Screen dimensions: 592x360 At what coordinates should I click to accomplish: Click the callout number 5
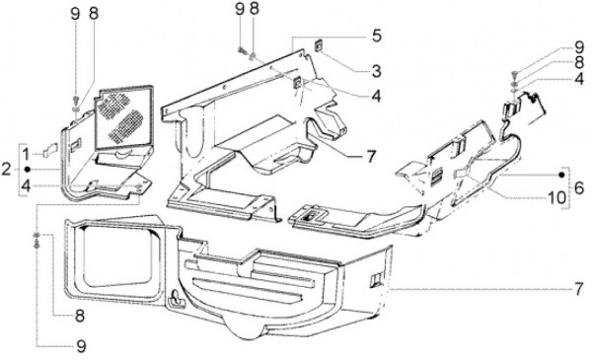click(377, 36)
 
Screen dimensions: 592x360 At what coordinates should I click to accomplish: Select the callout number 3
click(376, 71)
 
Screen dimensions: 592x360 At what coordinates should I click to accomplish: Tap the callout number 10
click(556, 197)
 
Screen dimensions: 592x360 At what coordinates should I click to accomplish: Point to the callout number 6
click(579, 187)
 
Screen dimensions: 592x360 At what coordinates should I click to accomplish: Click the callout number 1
click(26, 154)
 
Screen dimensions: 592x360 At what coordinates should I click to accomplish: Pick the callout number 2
click(6, 169)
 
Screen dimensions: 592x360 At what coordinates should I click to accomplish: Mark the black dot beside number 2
click(28, 170)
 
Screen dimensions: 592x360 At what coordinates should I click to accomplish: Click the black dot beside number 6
click(561, 175)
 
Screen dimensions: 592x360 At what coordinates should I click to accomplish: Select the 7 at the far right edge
click(579, 289)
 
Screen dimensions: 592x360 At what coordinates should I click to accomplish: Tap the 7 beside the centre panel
click(371, 156)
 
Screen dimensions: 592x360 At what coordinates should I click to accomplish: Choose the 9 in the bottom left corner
click(81, 346)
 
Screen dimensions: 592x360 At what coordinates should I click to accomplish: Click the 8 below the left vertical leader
click(79, 316)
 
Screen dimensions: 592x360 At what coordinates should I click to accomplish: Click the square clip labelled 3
click(319, 46)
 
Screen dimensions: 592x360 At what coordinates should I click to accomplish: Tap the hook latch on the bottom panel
click(176, 298)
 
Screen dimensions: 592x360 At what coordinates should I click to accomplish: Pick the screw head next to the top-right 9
click(515, 73)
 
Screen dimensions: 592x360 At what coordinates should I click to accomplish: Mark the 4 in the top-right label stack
click(579, 80)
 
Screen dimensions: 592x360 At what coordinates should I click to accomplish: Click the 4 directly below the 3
click(376, 97)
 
